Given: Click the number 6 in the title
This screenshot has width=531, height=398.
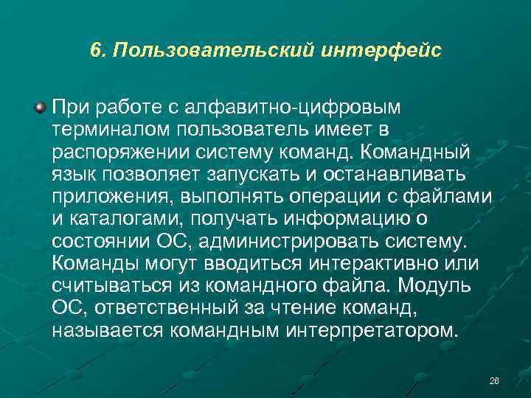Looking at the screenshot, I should point(95,51).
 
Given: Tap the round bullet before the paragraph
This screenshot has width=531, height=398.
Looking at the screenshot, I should point(40,108).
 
